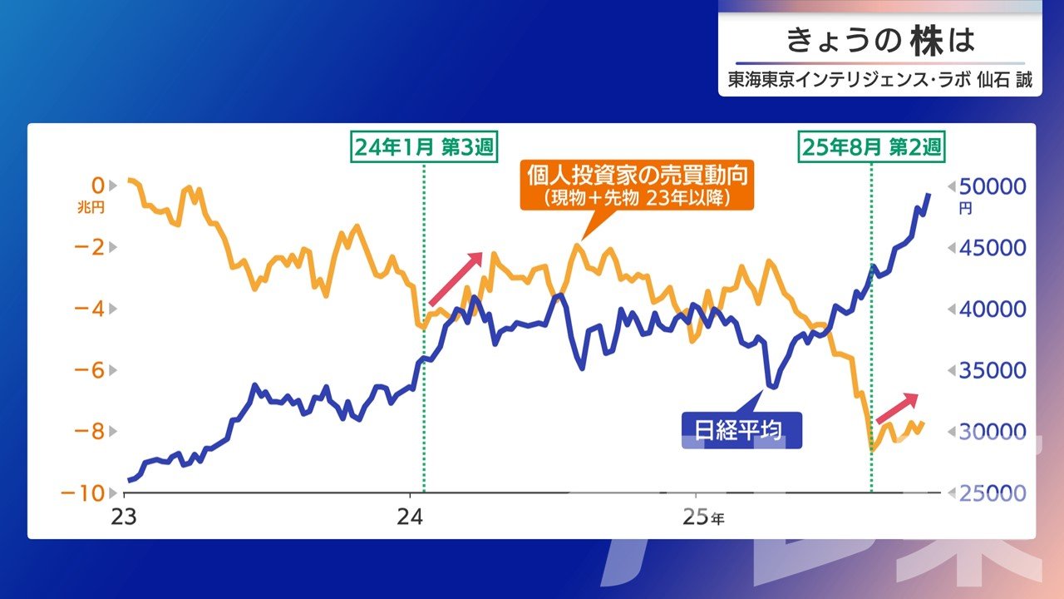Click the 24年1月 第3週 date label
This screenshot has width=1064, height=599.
pyautogui.click(x=424, y=147)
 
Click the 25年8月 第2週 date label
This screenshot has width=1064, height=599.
pyautogui.click(x=872, y=147)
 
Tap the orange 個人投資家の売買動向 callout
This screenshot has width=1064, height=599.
pyautogui.click(x=637, y=186)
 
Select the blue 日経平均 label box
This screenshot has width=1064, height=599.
pyautogui.click(x=740, y=431)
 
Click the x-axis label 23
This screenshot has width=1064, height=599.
pyautogui.click(x=125, y=516)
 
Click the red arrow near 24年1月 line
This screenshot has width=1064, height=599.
pyautogui.click(x=456, y=280)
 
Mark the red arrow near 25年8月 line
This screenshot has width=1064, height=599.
pyautogui.click(x=897, y=408)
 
